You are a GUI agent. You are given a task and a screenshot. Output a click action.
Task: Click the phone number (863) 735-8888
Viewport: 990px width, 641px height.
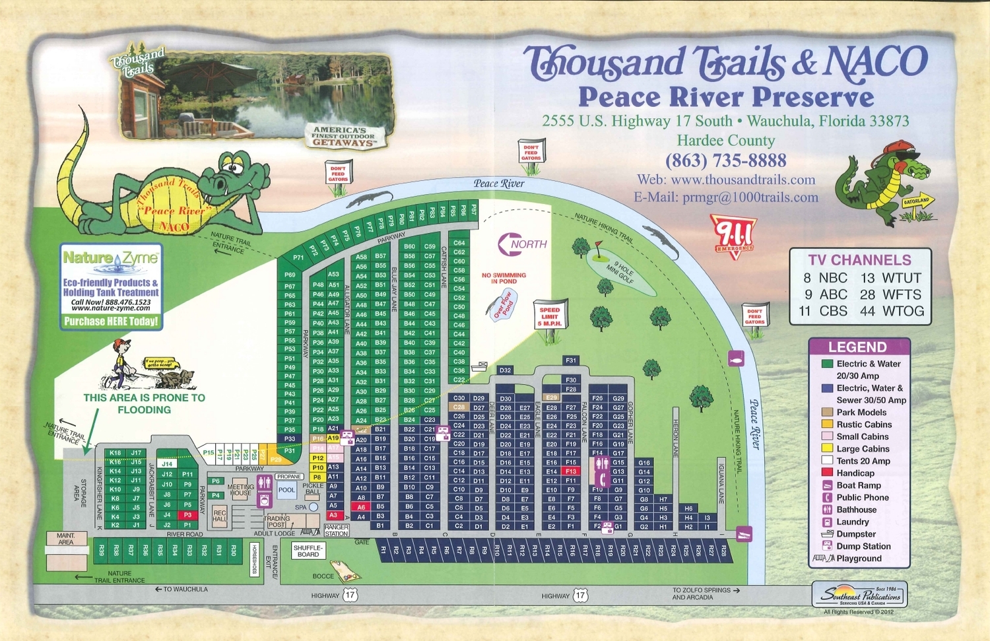click(x=725, y=160)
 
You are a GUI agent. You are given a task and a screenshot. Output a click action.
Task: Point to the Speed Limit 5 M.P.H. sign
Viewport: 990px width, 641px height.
click(x=549, y=317)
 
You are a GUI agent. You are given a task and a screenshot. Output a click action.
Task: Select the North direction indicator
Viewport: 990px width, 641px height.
click(x=522, y=244)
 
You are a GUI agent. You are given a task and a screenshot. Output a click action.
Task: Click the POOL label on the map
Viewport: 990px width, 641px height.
click(x=286, y=490)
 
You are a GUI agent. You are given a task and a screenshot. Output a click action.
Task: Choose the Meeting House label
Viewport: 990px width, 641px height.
click(x=240, y=490)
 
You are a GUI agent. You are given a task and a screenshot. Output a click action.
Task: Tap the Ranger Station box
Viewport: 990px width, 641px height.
click(x=336, y=530)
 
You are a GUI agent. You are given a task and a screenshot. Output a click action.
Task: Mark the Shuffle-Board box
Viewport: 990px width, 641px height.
click(x=308, y=551)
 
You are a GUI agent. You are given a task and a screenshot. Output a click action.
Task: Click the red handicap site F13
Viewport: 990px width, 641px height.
click(x=571, y=471)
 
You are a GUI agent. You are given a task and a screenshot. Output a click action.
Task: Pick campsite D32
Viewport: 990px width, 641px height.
click(x=505, y=370)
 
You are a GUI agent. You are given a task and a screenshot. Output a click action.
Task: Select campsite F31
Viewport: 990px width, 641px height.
click(x=571, y=360)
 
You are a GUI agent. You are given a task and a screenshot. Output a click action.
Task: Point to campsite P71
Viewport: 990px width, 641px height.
click(x=298, y=258)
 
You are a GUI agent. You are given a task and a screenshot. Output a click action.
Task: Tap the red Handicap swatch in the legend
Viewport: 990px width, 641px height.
click(x=827, y=473)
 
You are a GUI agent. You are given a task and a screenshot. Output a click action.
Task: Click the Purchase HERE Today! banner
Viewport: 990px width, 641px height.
click(x=111, y=321)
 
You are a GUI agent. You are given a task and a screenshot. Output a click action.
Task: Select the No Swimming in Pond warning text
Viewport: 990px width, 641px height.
click(x=504, y=278)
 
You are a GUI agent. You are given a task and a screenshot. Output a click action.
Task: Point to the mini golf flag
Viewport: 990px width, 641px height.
click(x=598, y=248)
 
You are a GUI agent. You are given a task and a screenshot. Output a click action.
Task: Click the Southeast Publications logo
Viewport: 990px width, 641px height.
click(x=859, y=595)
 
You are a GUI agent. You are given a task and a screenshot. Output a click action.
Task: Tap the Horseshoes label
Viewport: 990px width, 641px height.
click(x=255, y=559)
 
